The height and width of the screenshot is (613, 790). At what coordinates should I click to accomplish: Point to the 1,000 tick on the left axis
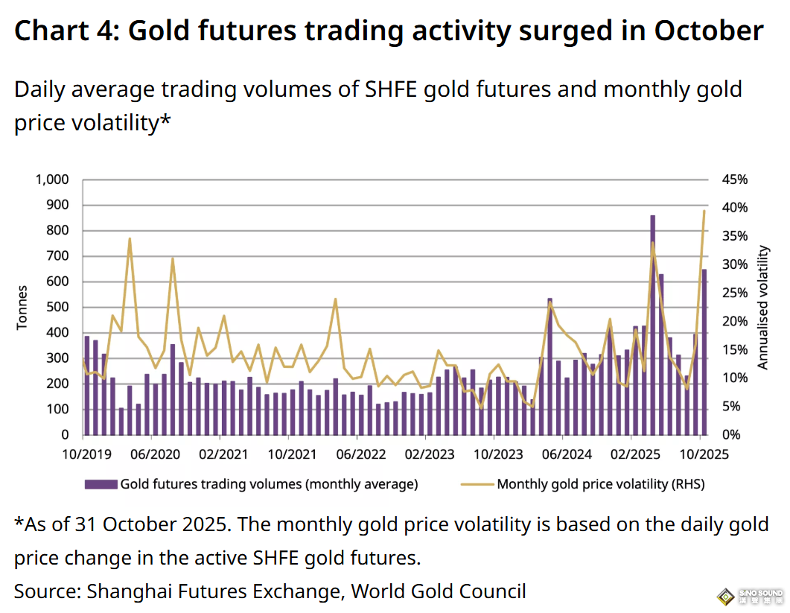[x=51, y=180]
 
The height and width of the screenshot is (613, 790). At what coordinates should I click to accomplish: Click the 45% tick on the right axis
[x=733, y=180]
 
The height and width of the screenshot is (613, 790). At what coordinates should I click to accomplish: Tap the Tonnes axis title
[x=22, y=307]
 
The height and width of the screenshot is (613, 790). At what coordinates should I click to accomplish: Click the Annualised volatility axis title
[x=762, y=307]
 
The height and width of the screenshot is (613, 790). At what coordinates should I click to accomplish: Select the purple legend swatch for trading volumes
[x=101, y=484]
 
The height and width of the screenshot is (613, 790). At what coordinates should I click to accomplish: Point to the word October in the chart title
[x=709, y=31]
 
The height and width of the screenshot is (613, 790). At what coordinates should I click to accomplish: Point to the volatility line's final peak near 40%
[x=704, y=212]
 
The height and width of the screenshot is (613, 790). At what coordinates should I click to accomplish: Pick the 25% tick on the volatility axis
[x=733, y=293]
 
